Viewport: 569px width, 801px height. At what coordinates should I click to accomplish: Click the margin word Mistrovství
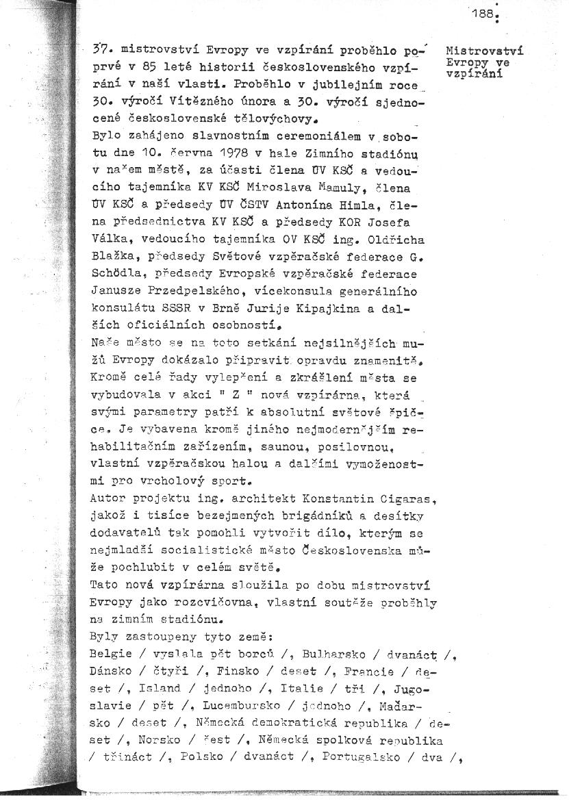tap(484, 51)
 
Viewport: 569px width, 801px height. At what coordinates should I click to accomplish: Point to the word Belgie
tap(111, 654)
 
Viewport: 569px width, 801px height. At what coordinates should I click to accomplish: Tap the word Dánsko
tap(110, 672)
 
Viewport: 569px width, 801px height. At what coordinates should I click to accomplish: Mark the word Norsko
tap(160, 739)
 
